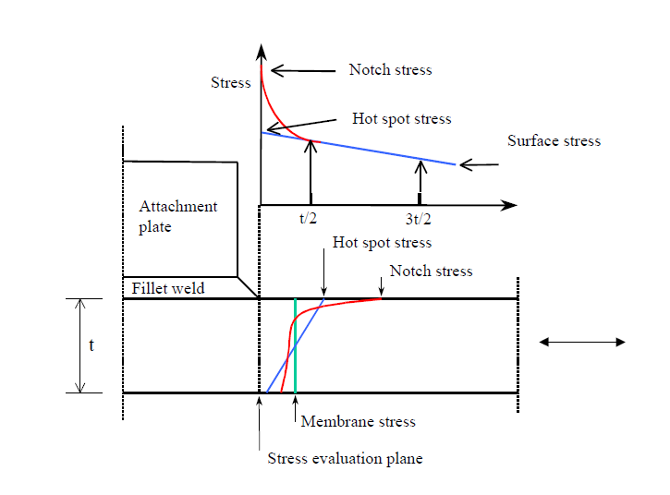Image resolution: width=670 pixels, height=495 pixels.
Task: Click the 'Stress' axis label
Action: tap(230, 83)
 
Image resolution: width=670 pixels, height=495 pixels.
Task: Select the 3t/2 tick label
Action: tap(420, 220)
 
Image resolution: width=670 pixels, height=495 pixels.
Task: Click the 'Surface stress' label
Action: tap(554, 141)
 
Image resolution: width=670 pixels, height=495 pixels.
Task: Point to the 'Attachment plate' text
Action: tap(177, 216)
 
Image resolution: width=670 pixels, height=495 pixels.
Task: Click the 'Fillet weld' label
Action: tap(167, 288)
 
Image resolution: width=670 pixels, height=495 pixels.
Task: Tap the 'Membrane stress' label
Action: tap(359, 422)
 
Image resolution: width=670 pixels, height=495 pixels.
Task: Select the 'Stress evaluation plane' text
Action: tap(345, 459)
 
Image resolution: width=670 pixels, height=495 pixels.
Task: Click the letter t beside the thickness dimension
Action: tap(91, 345)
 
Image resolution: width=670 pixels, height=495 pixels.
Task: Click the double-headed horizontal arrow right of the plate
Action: tap(582, 342)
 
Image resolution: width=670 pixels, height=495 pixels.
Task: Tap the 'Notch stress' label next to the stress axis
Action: tap(390, 69)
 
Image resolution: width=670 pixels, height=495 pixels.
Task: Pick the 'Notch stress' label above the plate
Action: tap(431, 272)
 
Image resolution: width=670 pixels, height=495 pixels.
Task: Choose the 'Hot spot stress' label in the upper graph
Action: tap(402, 119)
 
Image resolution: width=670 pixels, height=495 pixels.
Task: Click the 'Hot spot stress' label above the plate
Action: tap(382, 243)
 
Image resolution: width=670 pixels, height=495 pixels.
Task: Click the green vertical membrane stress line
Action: tap(295, 346)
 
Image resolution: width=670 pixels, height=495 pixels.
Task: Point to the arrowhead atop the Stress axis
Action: tap(262, 50)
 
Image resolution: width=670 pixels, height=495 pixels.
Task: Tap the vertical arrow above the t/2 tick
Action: tap(311, 172)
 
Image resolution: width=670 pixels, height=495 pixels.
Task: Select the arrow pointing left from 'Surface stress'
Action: tap(479, 165)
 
